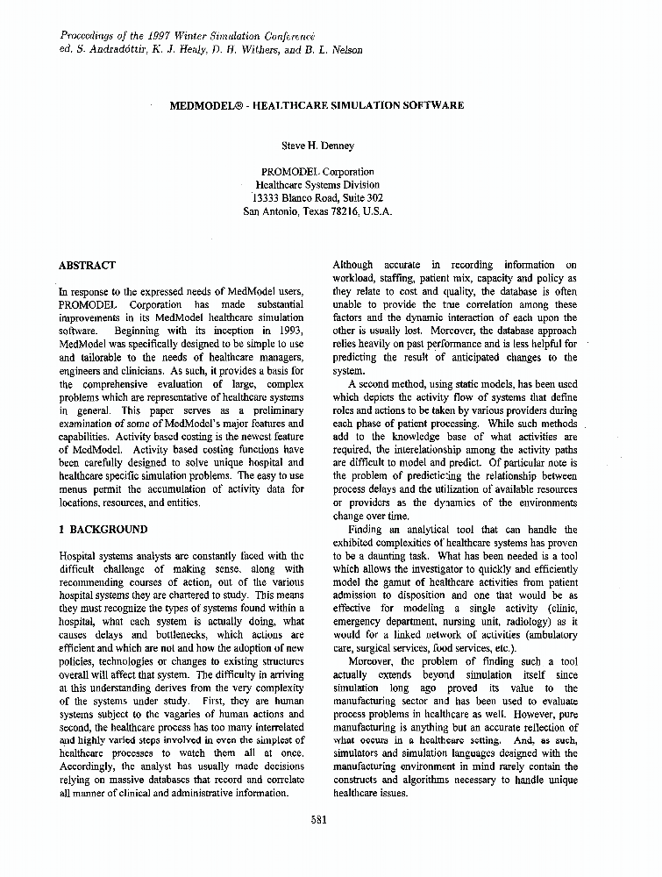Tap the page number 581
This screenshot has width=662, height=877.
click(319, 820)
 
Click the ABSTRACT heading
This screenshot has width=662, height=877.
click(87, 265)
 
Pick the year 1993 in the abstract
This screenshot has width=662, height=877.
click(291, 331)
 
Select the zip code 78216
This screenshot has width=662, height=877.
click(343, 211)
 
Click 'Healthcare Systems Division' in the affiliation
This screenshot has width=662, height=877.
click(317, 185)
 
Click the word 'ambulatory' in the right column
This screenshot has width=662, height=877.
click(546, 635)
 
